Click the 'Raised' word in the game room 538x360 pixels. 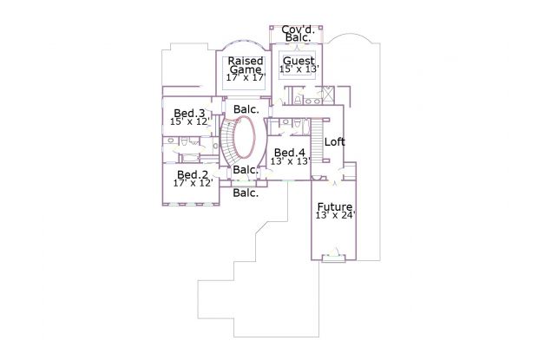[246, 61]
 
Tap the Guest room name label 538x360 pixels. [299, 61]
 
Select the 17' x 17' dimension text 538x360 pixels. [246, 77]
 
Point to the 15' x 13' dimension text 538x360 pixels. [299, 69]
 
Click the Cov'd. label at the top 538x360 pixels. [299, 29]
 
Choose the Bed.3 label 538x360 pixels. [189, 113]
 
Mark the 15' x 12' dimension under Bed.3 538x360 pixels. [190, 121]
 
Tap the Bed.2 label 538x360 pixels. [193, 174]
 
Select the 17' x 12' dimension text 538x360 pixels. [194, 183]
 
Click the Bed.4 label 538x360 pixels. [290, 152]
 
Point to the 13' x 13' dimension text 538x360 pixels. [291, 160]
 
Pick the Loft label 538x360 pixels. [335, 141]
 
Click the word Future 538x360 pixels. [335, 206]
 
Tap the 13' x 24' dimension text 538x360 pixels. [336, 215]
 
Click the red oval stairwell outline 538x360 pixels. [254, 137]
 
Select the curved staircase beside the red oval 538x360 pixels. [225, 142]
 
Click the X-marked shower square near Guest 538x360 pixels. [327, 93]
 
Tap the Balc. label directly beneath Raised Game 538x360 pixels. [246, 109]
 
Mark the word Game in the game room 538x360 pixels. [246, 69]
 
